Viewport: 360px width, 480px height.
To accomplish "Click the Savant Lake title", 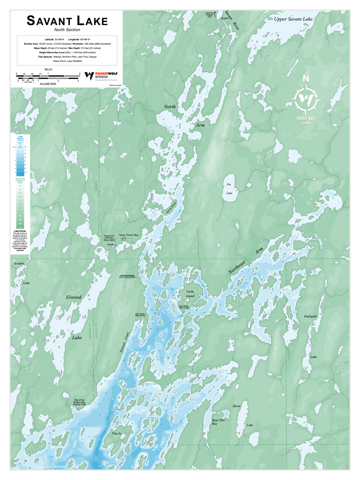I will pyautogui.click(x=67, y=20).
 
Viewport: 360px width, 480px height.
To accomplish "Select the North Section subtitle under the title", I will pyautogui.click(x=67, y=30).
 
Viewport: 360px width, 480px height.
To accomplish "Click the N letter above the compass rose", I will pyautogui.click(x=306, y=78).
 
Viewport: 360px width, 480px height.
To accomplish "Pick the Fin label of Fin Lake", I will pyautogui.click(x=229, y=184).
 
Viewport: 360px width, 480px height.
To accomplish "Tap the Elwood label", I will pyautogui.click(x=74, y=297).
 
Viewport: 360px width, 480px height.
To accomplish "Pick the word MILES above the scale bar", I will pyautogui.click(x=48, y=69).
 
